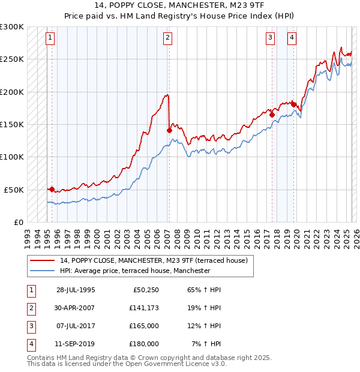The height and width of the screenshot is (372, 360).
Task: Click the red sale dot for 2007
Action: pos(169,130)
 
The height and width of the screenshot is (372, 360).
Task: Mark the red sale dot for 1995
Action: pos(52,189)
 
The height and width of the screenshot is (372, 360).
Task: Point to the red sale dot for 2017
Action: pos(272,115)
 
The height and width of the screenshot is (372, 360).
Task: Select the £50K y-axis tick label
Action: pos(14,190)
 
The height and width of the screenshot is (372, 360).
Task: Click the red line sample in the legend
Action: pos(43,260)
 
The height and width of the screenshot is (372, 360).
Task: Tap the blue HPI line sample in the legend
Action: pos(43,271)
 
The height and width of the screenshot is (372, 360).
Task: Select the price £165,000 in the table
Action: pos(144,326)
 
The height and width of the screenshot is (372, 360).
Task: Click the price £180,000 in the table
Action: pos(144,344)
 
